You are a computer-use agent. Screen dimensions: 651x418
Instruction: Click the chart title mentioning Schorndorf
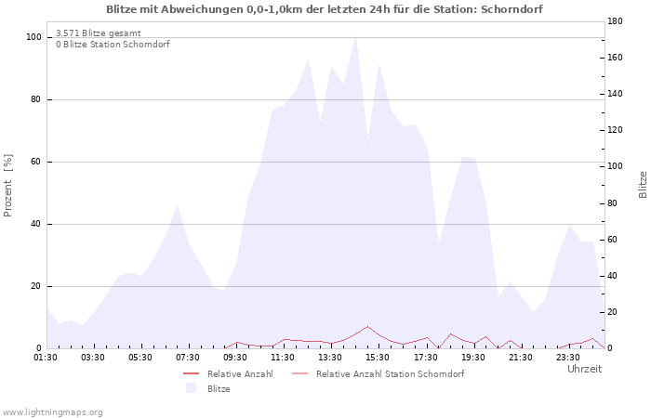click(x=325, y=9)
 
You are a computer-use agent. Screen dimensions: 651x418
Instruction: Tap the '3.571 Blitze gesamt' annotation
click(x=99, y=33)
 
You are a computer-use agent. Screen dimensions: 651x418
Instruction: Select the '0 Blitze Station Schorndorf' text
click(x=113, y=45)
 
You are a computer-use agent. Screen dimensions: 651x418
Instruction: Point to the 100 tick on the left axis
click(x=34, y=37)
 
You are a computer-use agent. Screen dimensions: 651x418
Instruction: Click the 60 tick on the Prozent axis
click(x=35, y=162)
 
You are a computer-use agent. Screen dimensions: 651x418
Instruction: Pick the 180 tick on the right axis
click(x=615, y=21)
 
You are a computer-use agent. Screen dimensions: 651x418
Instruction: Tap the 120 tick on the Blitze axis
click(x=615, y=130)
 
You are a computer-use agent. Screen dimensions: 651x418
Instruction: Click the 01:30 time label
click(x=46, y=358)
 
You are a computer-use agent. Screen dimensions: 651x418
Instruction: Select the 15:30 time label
click(x=378, y=358)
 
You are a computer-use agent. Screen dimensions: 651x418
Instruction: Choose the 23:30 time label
click(x=567, y=358)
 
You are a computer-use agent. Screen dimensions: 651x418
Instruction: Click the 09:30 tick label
click(x=235, y=358)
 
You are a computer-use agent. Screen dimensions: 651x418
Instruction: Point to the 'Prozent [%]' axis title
click(x=7, y=186)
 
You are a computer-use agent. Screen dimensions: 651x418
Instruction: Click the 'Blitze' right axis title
click(x=643, y=185)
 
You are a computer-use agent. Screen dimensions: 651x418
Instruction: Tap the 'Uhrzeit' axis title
click(x=585, y=369)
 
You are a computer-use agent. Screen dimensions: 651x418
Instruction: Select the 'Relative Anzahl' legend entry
click(x=229, y=374)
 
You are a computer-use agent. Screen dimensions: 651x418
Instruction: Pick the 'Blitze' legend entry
click(x=208, y=388)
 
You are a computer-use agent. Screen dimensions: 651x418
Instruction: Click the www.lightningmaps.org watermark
click(x=51, y=412)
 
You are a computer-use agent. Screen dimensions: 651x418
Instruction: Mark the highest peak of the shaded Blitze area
click(x=356, y=37)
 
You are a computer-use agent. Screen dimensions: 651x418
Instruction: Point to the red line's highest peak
click(x=367, y=326)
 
